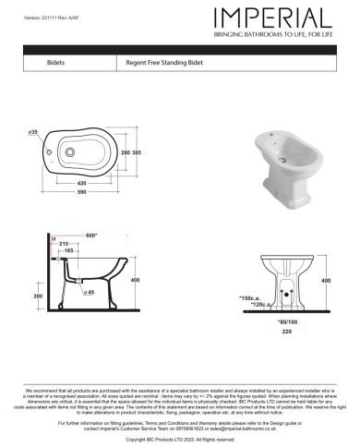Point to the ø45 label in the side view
90,292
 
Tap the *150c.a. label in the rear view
250,297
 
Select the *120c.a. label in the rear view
251,305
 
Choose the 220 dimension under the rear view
286,331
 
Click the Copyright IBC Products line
179,441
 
